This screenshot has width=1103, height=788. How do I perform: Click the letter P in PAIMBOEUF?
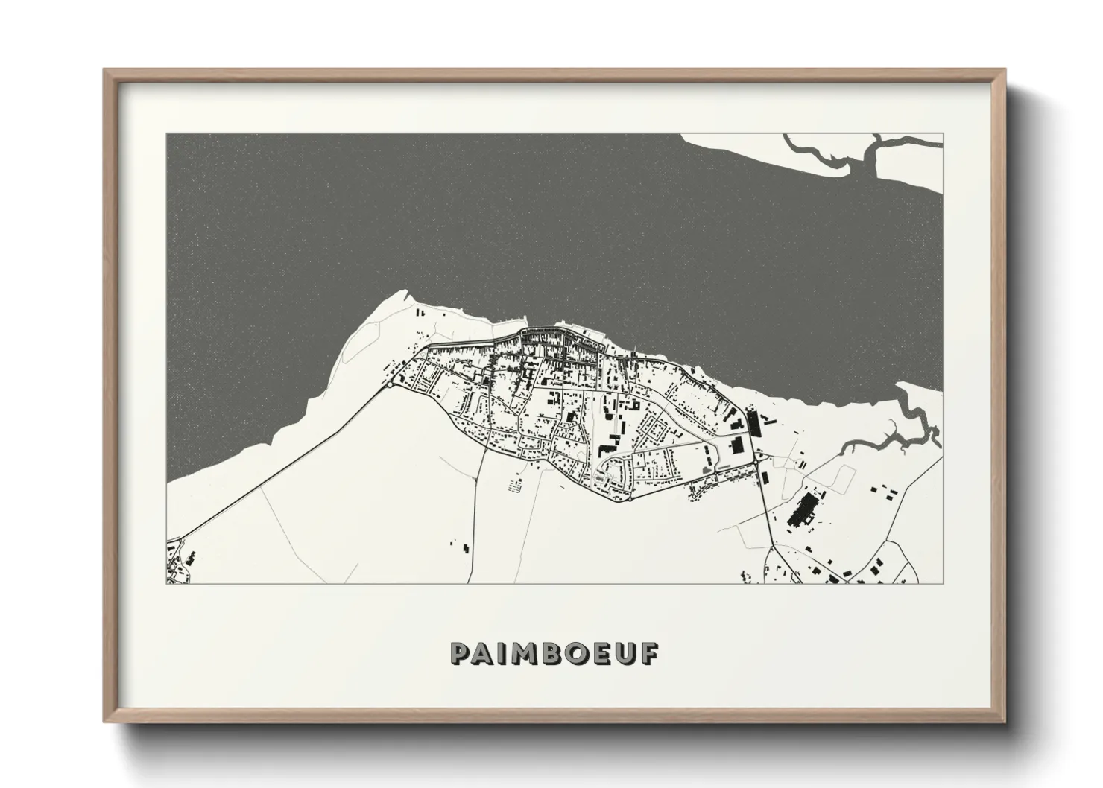[x=461, y=653]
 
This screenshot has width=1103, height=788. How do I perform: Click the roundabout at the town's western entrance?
[x=391, y=385]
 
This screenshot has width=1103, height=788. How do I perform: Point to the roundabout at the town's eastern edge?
[x=756, y=463]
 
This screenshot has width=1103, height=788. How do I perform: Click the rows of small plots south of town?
[x=514, y=486]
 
